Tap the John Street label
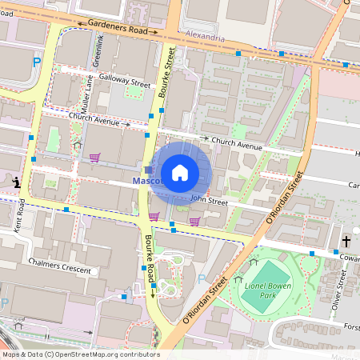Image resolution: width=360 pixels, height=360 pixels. point(209,202)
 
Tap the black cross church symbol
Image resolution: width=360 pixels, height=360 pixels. point(347,241)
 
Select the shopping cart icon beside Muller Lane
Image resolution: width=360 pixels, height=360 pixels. point(94,157)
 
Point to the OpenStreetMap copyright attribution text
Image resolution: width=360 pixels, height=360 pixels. point(81,354)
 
